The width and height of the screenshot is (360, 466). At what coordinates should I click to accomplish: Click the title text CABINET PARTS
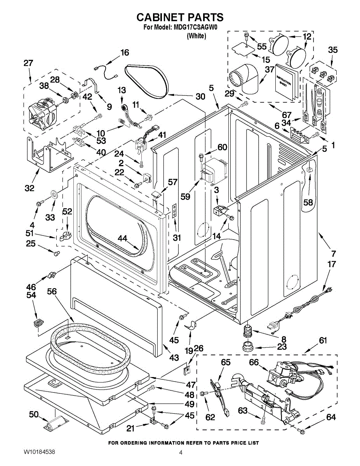click(180, 17)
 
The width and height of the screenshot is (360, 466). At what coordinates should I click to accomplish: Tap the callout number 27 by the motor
click(28, 63)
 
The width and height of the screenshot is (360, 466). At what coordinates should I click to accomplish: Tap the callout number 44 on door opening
click(123, 239)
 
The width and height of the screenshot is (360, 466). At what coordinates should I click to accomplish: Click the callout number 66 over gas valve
click(254, 362)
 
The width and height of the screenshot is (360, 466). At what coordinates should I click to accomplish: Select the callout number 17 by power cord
click(332, 264)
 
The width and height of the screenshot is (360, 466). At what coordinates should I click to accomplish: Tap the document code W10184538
click(39, 452)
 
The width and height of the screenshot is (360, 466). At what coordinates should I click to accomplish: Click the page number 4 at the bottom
click(181, 452)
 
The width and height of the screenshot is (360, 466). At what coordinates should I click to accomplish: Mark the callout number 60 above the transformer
click(222, 148)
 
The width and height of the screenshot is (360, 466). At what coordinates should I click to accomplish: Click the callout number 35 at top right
click(333, 50)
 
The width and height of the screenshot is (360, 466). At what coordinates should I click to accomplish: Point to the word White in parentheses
click(196, 36)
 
